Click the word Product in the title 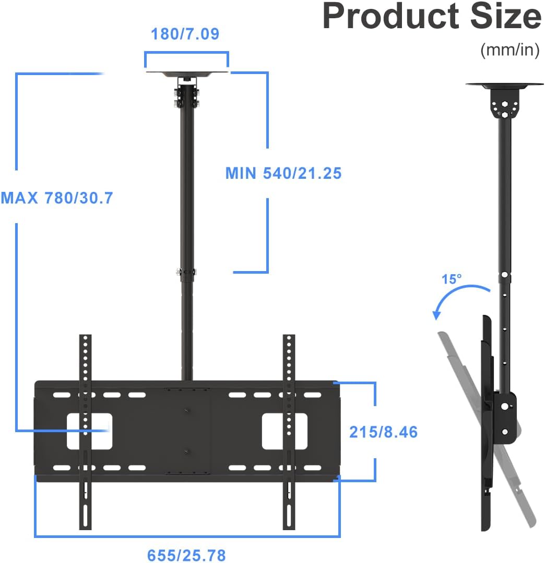391,16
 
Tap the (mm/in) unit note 510,50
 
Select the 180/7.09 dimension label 185,34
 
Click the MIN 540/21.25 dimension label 283,173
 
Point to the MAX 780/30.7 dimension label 57,198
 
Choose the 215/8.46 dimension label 384,432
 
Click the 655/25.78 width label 186,555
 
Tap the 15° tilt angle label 452,279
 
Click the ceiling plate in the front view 187,75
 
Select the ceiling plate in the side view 505,86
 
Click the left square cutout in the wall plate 89,431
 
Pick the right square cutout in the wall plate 285,431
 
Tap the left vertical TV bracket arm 85,432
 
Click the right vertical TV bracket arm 289,432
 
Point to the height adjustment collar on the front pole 186,272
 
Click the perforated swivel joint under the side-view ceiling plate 505,104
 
